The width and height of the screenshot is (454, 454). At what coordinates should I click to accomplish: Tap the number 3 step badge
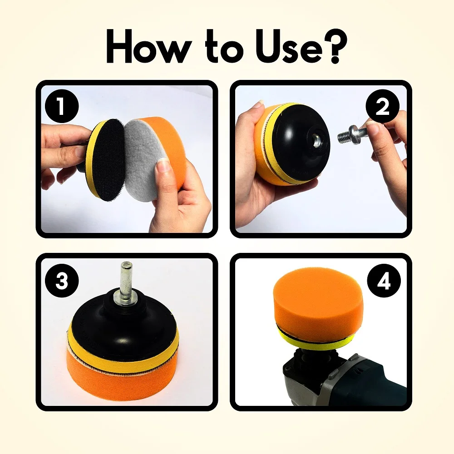coord(62,281)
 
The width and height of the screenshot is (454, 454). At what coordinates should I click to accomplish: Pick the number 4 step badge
coord(384,282)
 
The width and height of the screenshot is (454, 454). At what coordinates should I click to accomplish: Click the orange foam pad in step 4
coord(318,300)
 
